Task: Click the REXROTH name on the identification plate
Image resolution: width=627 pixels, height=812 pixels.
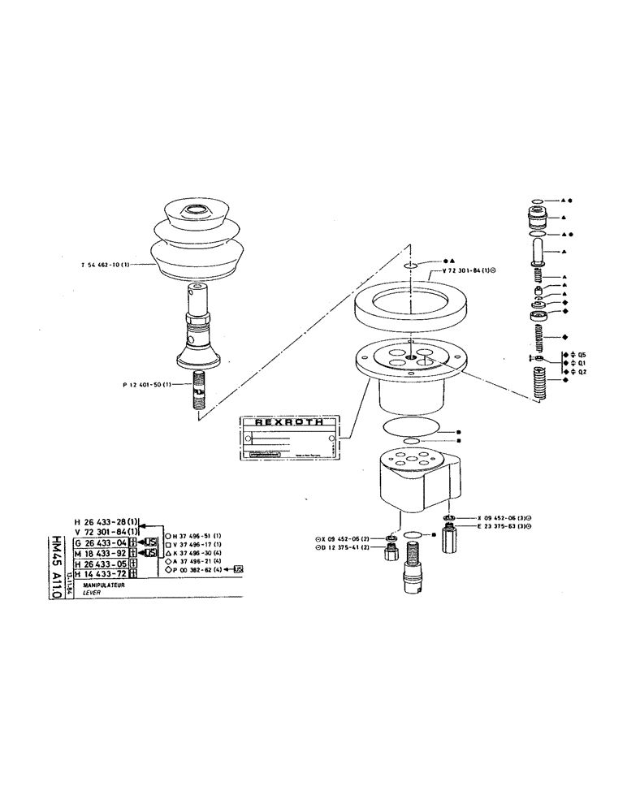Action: click(x=289, y=422)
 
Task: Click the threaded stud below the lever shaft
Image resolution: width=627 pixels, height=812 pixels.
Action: click(x=199, y=391)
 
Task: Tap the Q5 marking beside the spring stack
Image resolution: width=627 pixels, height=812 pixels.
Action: click(x=581, y=354)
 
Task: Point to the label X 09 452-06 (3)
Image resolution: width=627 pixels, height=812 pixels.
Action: click(x=507, y=517)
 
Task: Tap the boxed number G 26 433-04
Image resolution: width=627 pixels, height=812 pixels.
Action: click(x=102, y=542)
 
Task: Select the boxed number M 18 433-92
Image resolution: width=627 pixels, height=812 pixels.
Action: click(x=102, y=553)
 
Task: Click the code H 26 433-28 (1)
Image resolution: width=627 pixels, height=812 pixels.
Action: click(x=106, y=521)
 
